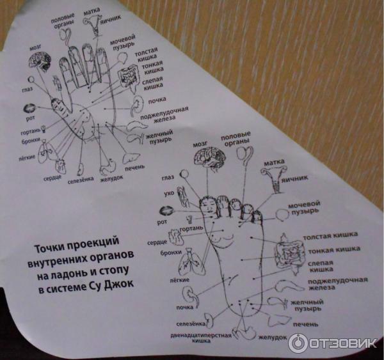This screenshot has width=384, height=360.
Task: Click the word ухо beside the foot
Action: (x=169, y=193)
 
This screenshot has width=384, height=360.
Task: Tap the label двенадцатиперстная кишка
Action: (x=201, y=338)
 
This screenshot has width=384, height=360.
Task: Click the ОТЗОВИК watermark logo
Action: (x=332, y=343)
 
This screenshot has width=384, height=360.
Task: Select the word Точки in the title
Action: (x=49, y=248)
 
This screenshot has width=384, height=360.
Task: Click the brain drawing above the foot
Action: (x=209, y=157)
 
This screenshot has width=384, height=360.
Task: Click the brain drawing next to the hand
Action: (x=40, y=61)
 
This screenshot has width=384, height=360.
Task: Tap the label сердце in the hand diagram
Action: (x=52, y=178)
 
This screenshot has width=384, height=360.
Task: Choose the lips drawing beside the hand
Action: (x=29, y=108)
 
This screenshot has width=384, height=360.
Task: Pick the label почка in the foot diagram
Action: (x=185, y=308)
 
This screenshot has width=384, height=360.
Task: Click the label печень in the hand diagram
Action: (x=134, y=168)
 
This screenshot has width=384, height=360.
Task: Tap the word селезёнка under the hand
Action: (x=81, y=180)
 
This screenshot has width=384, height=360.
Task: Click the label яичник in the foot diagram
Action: (x=294, y=180)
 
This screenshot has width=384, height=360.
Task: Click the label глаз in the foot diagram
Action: (x=168, y=178)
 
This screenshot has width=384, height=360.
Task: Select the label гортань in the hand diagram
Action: (x=30, y=132)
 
